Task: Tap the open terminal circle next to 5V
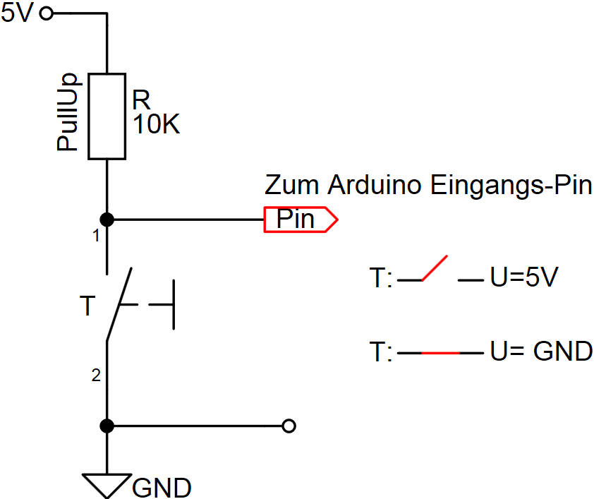(47, 13)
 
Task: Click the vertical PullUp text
(68, 114)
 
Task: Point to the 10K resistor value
(156, 126)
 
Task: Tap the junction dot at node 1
(107, 220)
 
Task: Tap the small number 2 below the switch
(96, 377)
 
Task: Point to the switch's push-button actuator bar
(174, 305)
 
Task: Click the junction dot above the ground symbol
(107, 426)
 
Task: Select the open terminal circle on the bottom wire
(288, 426)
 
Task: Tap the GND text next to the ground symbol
(162, 487)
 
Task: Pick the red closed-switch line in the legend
(440, 351)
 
